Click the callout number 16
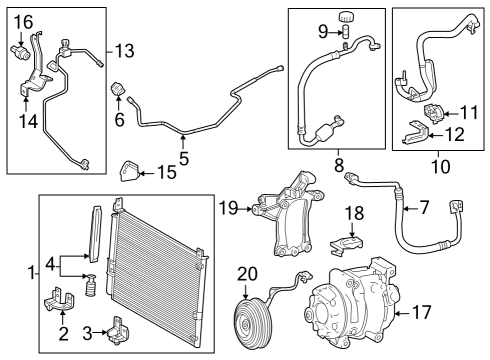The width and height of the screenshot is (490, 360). (22, 21)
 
